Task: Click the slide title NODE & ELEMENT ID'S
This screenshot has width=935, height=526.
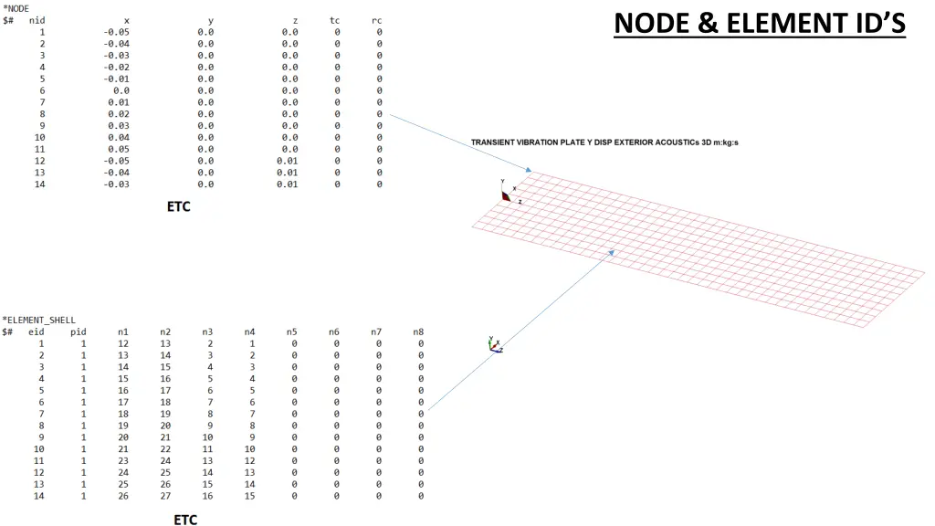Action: pyautogui.click(x=760, y=22)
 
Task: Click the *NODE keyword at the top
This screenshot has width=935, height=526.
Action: pyautogui.click(x=16, y=8)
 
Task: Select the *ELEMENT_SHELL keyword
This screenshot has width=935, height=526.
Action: pyautogui.click(x=38, y=321)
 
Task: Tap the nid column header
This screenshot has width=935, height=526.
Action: pyautogui.click(x=37, y=20)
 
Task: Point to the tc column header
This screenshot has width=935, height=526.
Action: pyautogui.click(x=335, y=20)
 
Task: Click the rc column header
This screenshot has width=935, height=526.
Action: pyautogui.click(x=377, y=20)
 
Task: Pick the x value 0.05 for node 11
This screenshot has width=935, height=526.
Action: pyautogui.click(x=119, y=149)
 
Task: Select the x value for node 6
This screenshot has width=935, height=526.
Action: pyautogui.click(x=121, y=90)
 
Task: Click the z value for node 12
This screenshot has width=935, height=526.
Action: pyautogui.click(x=287, y=161)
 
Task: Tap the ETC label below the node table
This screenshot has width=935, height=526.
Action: pyautogui.click(x=178, y=206)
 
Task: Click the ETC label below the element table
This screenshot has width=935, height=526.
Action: pyautogui.click(x=185, y=520)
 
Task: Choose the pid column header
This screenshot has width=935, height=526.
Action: pyautogui.click(x=79, y=332)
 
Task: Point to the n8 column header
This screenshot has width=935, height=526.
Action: pyautogui.click(x=417, y=332)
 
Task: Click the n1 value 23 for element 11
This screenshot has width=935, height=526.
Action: pyautogui.click(x=122, y=461)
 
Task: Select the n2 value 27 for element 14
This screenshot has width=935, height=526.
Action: pyautogui.click(x=165, y=496)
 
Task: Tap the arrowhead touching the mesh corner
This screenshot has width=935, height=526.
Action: pyautogui.click(x=528, y=170)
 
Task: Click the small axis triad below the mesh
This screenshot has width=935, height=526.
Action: pyautogui.click(x=494, y=344)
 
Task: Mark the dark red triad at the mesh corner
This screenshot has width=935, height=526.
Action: pyautogui.click(x=505, y=194)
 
